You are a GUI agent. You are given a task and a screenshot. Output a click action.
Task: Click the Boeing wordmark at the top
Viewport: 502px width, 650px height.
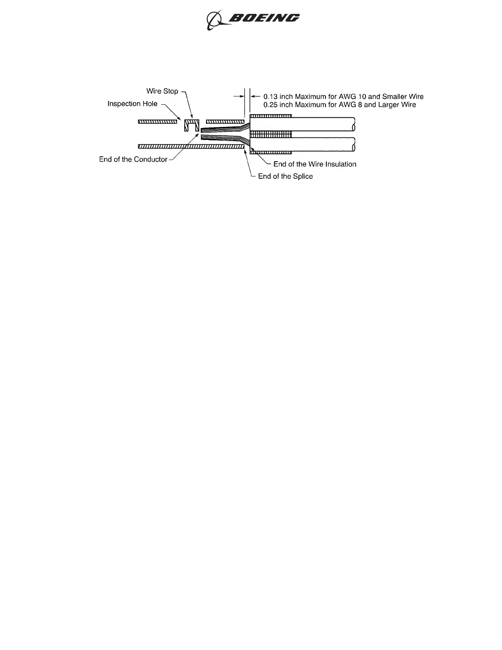coord(264,18)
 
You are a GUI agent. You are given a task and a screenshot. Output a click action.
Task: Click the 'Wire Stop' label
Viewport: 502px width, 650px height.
coord(162,91)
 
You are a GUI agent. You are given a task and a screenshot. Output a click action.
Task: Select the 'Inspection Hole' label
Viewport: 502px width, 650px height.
coord(132,104)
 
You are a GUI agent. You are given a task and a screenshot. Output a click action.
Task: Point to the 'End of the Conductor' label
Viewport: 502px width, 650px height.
coord(133,159)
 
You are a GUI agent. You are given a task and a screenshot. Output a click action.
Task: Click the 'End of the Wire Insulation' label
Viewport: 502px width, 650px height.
coord(314,164)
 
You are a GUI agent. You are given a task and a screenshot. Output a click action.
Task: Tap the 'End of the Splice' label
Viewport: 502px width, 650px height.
coord(285,176)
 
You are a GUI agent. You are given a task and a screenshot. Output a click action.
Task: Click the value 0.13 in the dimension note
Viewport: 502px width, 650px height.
coord(270,97)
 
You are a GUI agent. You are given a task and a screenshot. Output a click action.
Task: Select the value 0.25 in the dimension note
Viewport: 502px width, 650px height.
coord(270,105)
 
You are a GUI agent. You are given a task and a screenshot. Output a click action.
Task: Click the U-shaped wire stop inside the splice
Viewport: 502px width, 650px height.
coord(192,125)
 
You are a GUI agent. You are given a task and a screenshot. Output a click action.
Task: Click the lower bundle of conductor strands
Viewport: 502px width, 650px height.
coord(222,138)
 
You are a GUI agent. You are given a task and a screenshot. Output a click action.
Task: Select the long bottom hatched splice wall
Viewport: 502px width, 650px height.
coord(191,146)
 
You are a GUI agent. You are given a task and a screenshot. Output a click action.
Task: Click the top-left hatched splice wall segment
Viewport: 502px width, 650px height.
coord(157,121)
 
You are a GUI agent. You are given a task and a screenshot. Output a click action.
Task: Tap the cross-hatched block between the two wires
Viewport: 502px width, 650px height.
coord(271,134)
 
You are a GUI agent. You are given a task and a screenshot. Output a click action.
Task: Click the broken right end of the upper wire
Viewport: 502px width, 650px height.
coord(353,124)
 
